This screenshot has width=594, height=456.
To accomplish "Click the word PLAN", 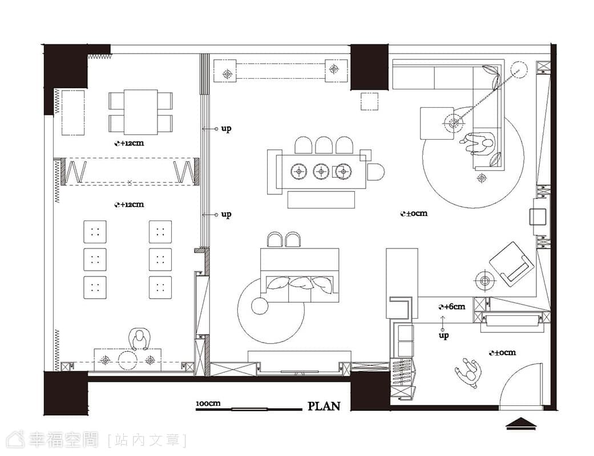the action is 324,406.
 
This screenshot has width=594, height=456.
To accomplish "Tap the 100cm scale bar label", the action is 208,404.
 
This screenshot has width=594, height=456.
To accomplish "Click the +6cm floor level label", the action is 452,307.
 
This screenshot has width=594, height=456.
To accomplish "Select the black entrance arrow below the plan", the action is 522,424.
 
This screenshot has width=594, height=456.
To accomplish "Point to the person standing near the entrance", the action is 468,372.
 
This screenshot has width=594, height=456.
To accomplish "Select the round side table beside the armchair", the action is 485,280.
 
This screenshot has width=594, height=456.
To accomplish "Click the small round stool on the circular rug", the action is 259,306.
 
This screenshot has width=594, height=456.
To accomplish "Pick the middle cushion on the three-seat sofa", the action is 300,283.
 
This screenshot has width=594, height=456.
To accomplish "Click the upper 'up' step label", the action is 226,129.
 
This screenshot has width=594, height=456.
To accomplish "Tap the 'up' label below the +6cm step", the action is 443,335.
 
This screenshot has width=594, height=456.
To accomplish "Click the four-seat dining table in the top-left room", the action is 140,112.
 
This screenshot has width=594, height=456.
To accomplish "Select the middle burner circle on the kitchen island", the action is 321,172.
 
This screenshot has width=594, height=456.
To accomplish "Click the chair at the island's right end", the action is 375,172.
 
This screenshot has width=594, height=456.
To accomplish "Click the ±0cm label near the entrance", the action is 502,353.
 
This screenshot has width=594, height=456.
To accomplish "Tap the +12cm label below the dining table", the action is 130,144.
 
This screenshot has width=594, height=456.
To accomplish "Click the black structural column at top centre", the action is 369,67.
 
